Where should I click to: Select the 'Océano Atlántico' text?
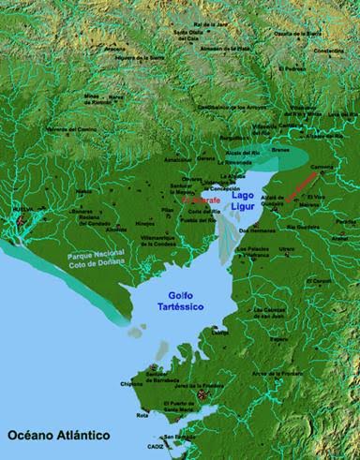pos(59,436)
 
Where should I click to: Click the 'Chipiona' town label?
pos(133,382)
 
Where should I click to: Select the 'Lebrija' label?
pos(219,331)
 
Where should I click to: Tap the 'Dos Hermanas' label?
pos(254,230)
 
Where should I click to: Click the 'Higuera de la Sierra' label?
pos(131,53)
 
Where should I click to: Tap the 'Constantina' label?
pos(328,51)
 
